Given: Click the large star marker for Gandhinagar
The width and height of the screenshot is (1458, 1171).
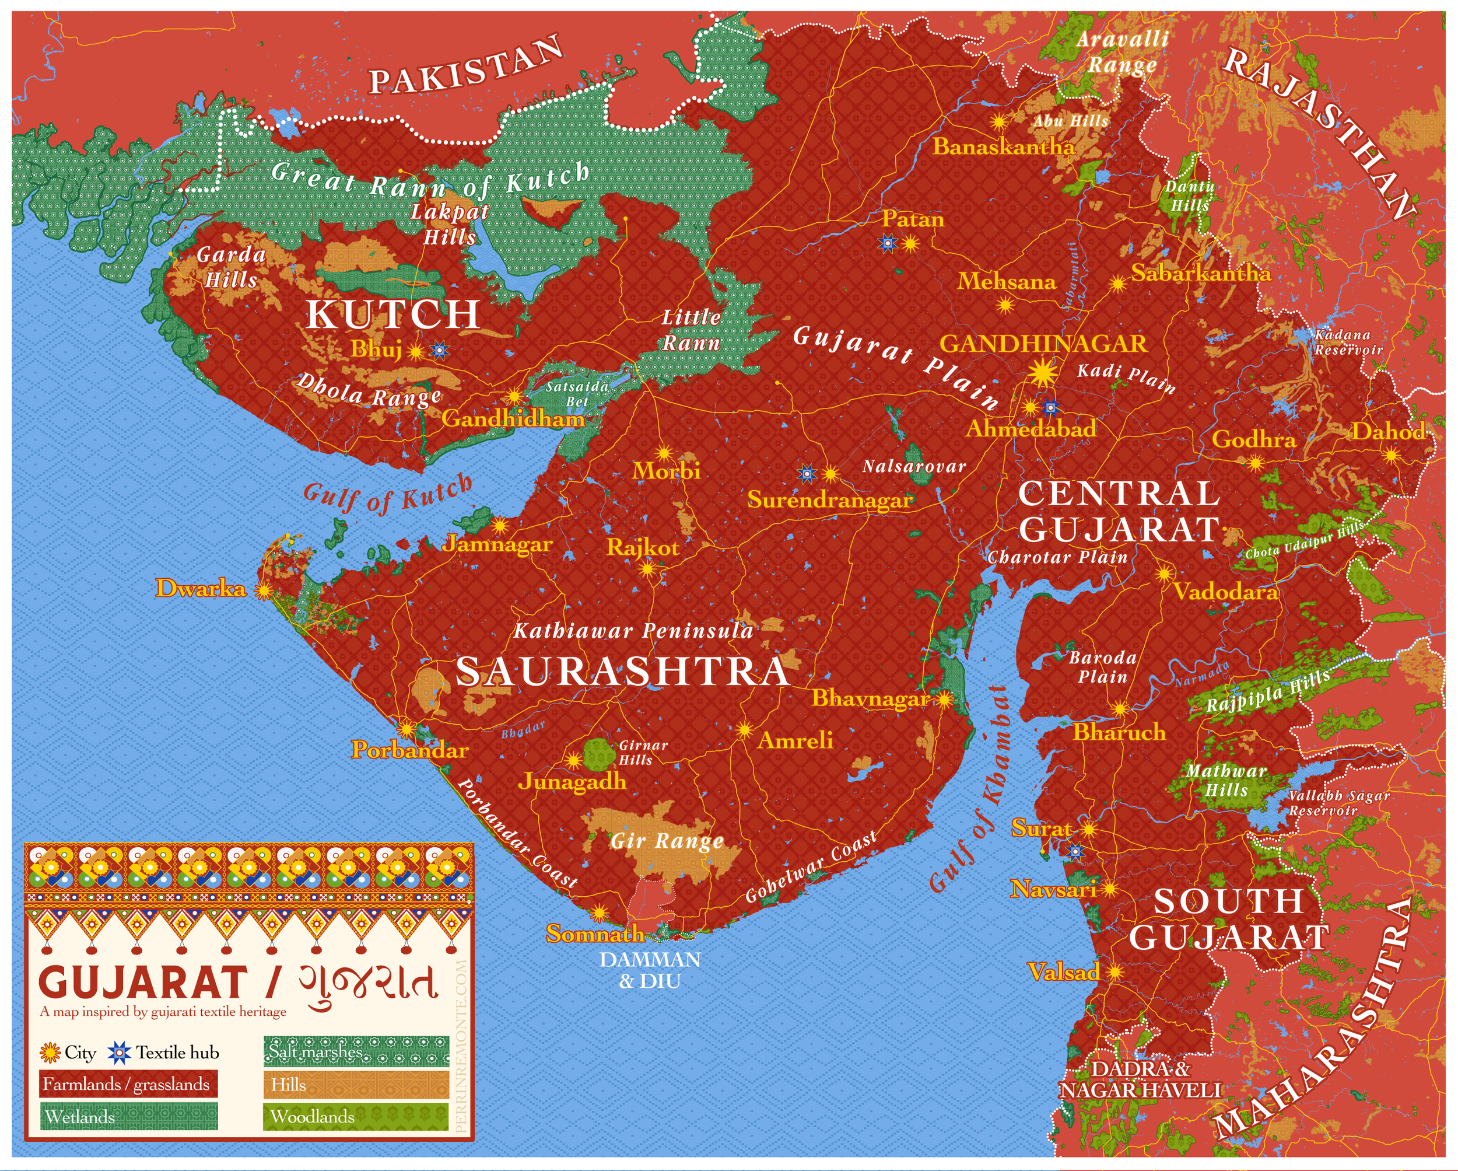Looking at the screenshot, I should coord(1043,372).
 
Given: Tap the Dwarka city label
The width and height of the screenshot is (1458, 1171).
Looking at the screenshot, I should coord(201,588).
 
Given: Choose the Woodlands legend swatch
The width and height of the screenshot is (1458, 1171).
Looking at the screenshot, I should coord(356,1116).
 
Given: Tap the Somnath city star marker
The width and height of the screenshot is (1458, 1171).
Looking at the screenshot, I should coord(598,914).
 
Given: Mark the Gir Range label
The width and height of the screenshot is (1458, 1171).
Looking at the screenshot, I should coord(667,841).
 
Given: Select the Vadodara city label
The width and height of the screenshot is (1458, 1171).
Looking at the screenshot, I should coord(1225,592).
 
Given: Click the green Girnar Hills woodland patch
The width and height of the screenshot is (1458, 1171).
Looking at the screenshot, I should coord(598,754).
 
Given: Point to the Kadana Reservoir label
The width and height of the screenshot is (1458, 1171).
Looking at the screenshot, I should coord(1348,342).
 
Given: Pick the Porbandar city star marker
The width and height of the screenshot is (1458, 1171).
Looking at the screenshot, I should coord(406,729).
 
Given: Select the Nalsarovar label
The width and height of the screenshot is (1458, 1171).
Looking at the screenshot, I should coord(914,466).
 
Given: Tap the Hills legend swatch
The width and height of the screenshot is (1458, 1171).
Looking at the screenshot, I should coord(356,1085).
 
